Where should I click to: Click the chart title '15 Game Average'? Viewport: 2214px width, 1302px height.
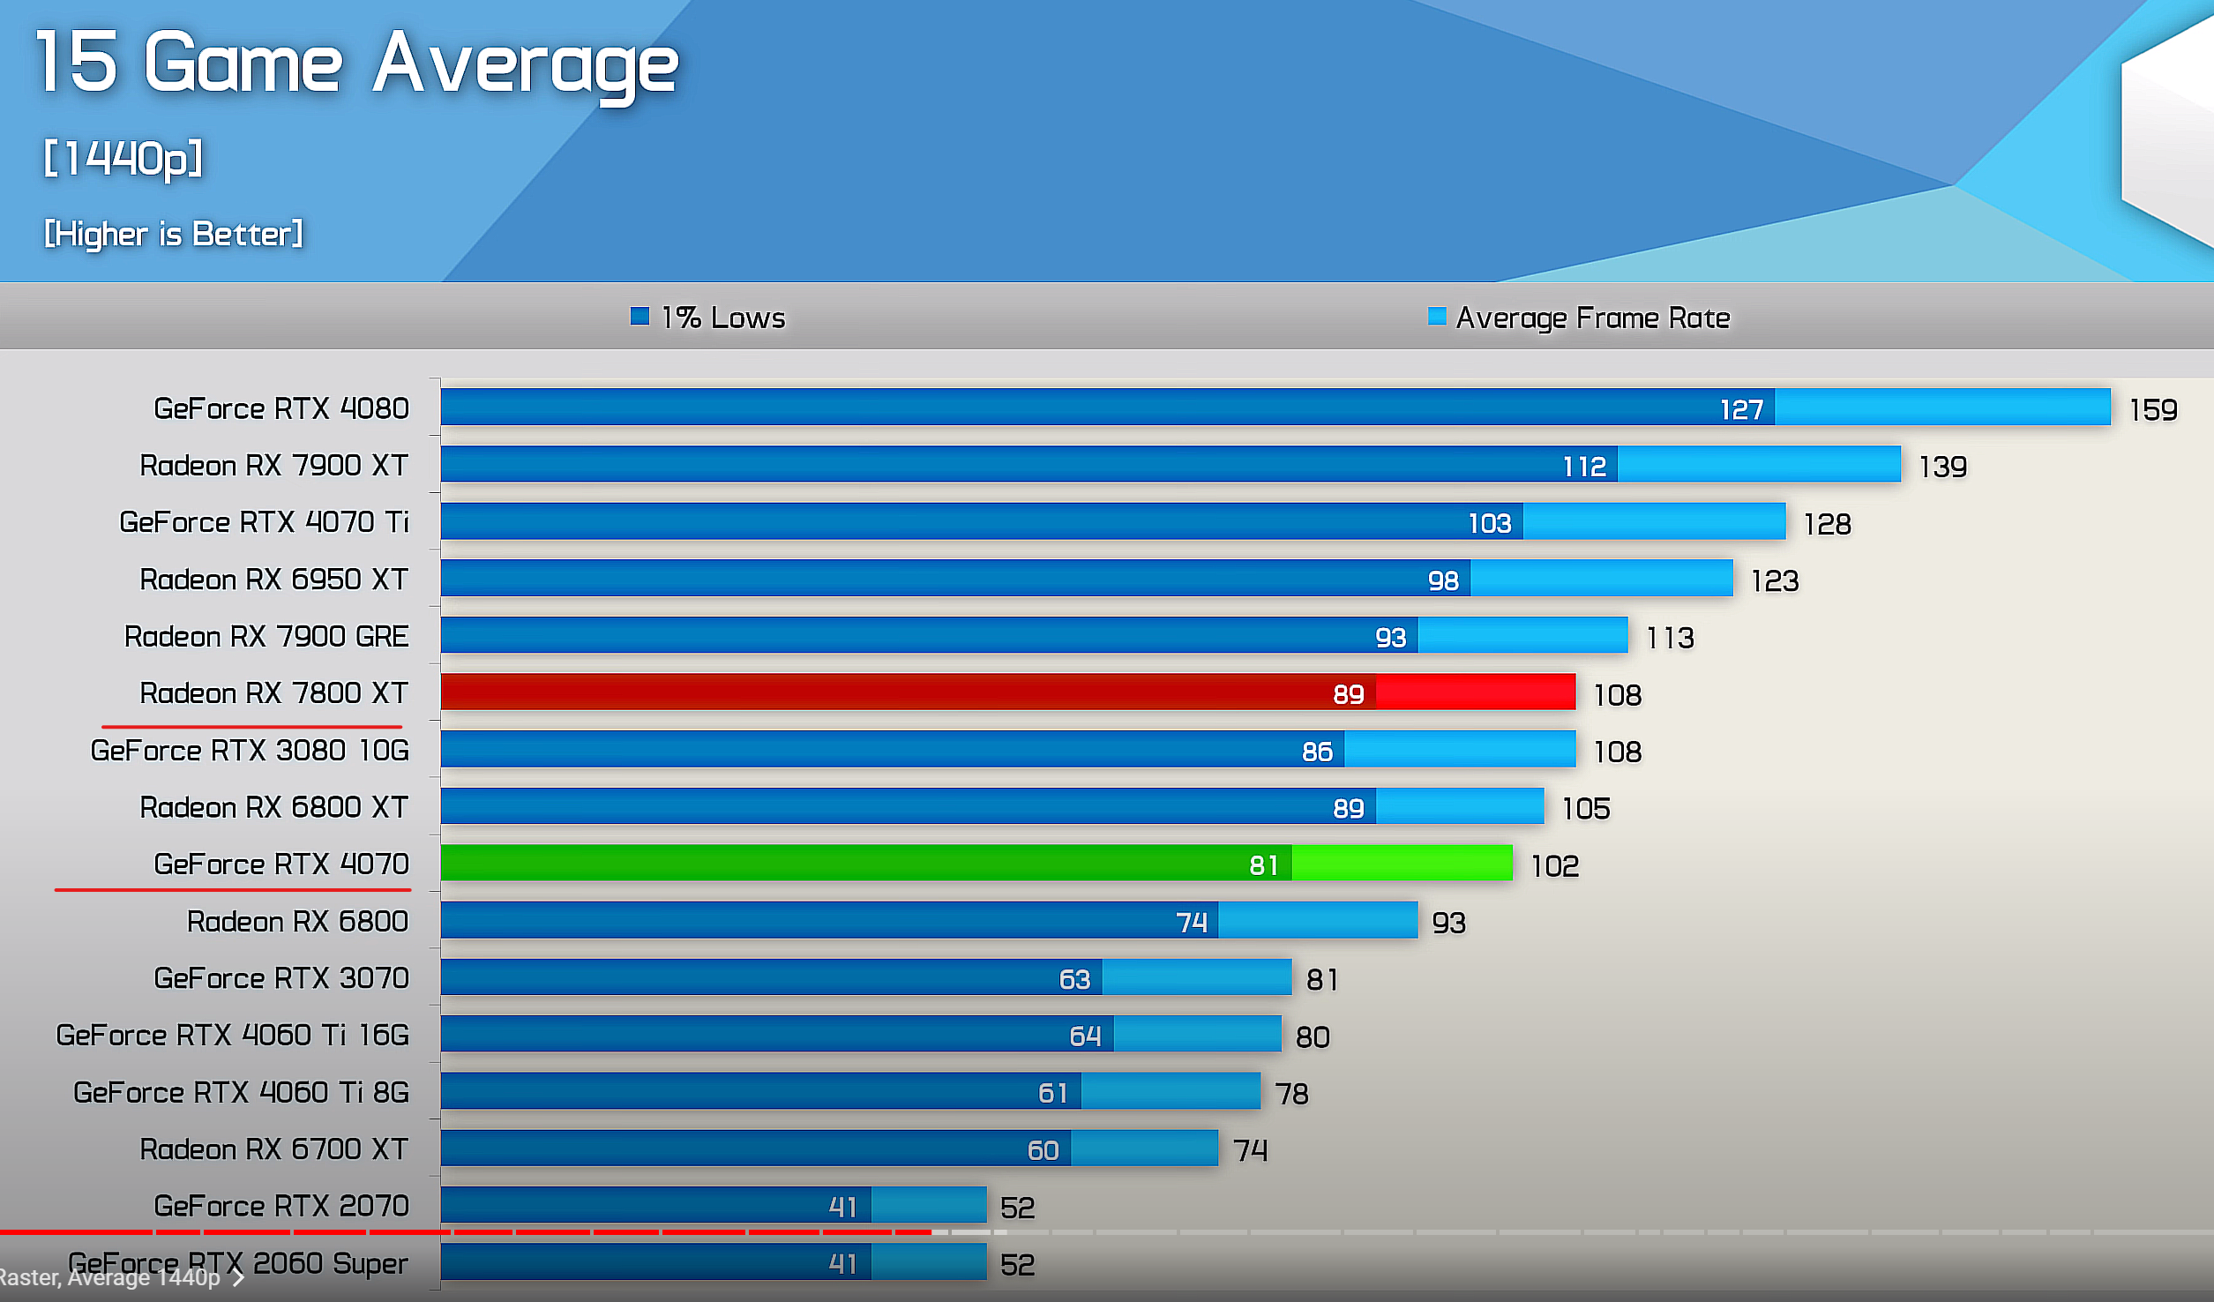tap(356, 64)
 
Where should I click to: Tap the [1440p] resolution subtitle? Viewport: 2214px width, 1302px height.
tap(123, 159)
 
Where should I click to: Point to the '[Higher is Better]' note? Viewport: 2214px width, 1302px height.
tap(174, 234)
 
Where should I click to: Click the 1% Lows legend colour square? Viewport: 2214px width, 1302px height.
tap(640, 316)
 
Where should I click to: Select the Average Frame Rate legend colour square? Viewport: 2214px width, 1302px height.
tap(1436, 316)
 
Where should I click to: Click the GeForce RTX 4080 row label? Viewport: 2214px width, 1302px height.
tap(281, 408)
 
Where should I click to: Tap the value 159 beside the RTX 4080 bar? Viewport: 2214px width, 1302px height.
tap(2153, 410)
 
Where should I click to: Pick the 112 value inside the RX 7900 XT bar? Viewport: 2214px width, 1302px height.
tap(1584, 467)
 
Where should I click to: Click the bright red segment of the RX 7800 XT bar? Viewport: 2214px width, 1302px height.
tap(1475, 692)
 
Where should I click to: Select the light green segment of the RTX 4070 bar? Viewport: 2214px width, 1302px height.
tap(1402, 864)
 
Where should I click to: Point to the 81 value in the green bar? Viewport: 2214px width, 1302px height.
tap(1263, 865)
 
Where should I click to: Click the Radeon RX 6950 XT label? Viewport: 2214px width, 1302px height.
tap(273, 580)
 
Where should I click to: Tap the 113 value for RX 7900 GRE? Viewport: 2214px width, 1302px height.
tap(1670, 638)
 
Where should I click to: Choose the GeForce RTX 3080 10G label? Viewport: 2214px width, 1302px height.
tap(250, 751)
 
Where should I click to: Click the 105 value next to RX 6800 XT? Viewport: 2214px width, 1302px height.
tap(1586, 809)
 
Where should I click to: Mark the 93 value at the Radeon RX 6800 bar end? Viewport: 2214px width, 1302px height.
tap(1448, 923)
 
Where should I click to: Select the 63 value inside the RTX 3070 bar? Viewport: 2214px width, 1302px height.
tap(1074, 979)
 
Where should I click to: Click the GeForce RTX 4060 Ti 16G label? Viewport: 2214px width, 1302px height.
tap(232, 1035)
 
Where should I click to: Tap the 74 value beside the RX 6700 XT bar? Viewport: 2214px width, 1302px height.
tap(1250, 1150)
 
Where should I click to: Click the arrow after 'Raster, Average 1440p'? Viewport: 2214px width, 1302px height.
tap(238, 1278)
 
